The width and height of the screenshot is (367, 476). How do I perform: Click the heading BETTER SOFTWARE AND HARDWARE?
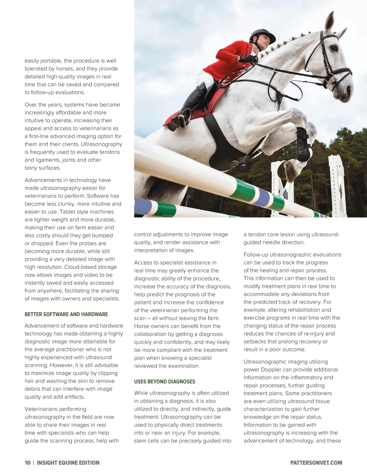point(66,314)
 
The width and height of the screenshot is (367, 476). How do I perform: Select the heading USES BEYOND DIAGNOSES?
point(165,381)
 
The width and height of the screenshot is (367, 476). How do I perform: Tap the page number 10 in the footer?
point(28,463)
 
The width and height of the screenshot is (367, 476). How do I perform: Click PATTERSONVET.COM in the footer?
point(316,463)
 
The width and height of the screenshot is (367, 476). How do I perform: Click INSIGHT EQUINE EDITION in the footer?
point(68,463)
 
